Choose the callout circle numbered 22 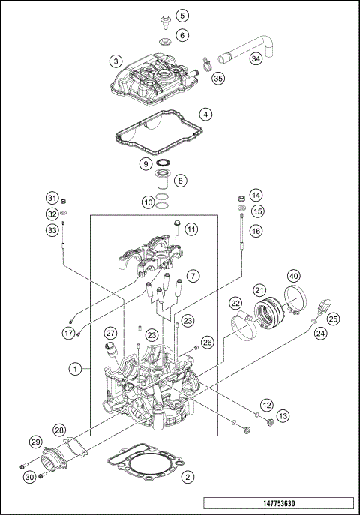[x=235, y=303]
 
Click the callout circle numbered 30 [x=29, y=477]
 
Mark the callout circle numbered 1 [x=75, y=369]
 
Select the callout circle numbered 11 [x=191, y=229]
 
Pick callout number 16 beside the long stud [x=256, y=232]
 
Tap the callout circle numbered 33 [x=52, y=231]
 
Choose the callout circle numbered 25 [x=334, y=319]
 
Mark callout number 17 [x=69, y=333]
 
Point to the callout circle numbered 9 [x=146, y=163]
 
